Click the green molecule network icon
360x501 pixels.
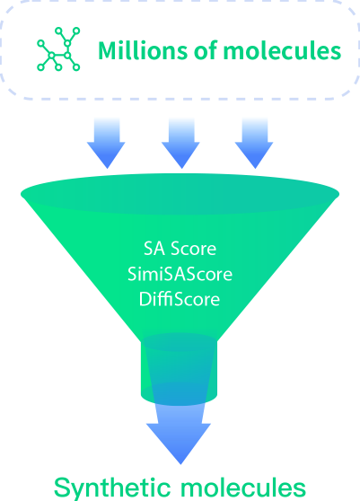[58, 48]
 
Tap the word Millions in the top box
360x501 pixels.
[143, 50]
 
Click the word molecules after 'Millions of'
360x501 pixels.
[283, 50]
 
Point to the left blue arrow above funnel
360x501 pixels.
[106, 143]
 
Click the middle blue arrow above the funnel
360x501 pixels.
[180, 143]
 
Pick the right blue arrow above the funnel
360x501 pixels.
[254, 143]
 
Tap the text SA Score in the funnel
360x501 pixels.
[180, 249]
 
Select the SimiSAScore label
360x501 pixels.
[180, 274]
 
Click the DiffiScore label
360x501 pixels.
[180, 299]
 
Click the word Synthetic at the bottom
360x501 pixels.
[113, 488]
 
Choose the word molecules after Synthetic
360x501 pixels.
[243, 488]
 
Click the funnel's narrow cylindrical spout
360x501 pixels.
[180, 369]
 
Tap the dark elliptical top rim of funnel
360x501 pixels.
[180, 194]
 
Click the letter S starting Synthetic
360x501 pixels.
[62, 487]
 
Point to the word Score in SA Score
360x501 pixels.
[194, 249]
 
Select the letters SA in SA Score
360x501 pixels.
[154, 249]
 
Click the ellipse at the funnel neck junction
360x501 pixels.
[180, 342]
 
